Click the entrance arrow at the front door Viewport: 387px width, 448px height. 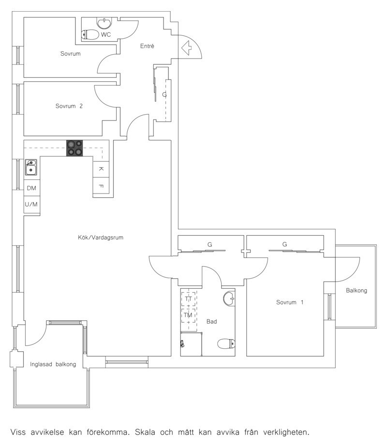point(186,48)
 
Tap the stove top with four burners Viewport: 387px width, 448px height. point(74,148)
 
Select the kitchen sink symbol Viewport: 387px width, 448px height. point(30,167)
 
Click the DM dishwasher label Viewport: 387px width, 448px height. point(31,188)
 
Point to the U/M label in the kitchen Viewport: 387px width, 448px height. point(31,204)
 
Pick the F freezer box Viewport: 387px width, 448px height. point(101,185)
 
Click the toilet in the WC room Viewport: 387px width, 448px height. point(90,34)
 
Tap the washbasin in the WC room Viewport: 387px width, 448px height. point(104,23)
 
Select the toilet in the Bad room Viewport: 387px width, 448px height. point(226,343)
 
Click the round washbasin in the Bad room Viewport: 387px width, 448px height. point(229,299)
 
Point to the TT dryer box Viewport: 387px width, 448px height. point(189,299)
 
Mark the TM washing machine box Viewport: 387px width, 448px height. point(189,315)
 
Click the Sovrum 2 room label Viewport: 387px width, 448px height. point(69,106)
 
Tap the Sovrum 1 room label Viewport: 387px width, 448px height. point(290,302)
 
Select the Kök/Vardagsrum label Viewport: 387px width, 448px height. point(101,238)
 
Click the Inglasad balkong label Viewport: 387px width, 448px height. point(53,364)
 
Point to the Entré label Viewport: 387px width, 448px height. point(147,46)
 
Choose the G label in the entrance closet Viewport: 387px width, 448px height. point(164,94)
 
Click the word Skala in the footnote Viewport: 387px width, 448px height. point(145,432)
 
